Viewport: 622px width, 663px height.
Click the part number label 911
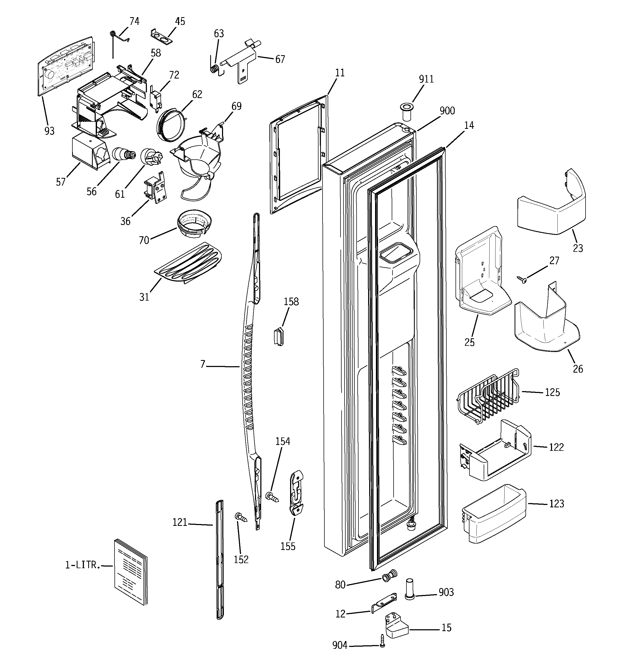tap(426, 79)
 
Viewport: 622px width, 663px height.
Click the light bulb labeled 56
tap(124, 155)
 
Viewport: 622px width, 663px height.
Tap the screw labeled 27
tap(521, 279)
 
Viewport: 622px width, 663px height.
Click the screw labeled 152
tap(241, 518)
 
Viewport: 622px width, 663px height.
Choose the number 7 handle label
tap(202, 365)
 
